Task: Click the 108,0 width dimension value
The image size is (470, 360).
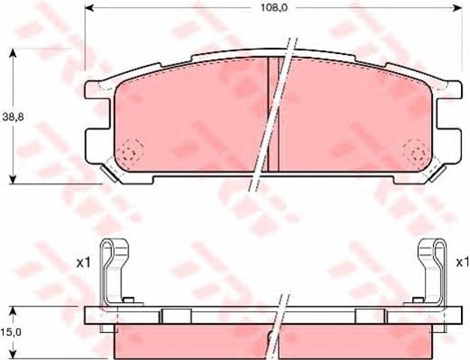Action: pos(274,7)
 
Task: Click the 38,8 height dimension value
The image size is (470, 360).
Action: pos(13,117)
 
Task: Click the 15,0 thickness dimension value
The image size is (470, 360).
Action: pos(11,331)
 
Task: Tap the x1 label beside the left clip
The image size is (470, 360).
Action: pos(83,263)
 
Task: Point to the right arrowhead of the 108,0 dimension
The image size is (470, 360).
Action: pos(458,8)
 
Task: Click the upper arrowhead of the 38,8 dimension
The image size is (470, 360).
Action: pos(12,53)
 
